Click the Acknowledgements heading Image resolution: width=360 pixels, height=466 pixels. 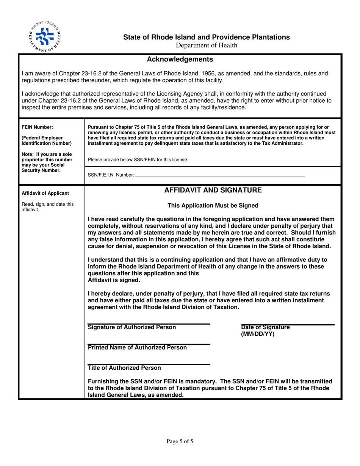180,59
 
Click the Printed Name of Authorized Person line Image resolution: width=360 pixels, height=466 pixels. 149,344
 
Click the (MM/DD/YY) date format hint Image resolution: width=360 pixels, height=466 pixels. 257,335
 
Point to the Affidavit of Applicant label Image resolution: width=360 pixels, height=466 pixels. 45,193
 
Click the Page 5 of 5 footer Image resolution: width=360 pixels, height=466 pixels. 180,441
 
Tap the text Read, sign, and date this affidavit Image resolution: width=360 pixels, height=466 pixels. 47,206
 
